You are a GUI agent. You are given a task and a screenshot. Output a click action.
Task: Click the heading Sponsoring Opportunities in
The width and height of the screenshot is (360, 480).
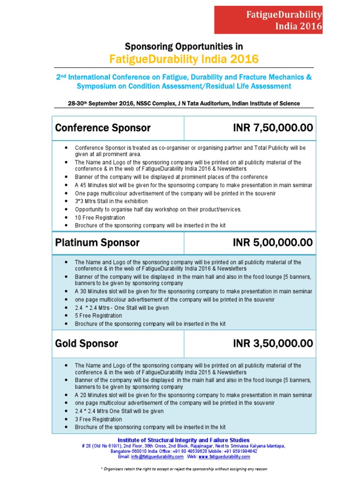coord(184,46)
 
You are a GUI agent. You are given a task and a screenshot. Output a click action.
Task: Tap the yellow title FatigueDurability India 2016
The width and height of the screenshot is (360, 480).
coord(184,59)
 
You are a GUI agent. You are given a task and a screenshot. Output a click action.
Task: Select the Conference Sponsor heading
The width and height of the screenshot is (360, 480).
coord(103,128)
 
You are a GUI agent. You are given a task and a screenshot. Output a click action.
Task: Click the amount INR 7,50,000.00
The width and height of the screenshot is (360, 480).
coord(273,128)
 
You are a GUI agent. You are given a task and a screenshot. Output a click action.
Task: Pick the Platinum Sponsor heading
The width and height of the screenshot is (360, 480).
coord(97,243)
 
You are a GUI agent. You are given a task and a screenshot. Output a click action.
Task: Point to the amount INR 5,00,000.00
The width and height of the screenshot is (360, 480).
coord(273,243)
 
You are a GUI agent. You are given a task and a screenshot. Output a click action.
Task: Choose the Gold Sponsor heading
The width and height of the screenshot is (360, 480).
coord(87,344)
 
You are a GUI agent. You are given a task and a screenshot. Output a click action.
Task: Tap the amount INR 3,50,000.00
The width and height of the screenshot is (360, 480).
coord(273,344)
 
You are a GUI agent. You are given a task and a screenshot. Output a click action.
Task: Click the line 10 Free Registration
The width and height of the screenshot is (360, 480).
coord(100,217)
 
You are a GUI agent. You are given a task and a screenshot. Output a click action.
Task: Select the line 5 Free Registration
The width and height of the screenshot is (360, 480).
coord(98,316)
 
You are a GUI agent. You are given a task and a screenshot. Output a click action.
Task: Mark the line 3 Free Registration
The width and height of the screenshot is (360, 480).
coord(98,419)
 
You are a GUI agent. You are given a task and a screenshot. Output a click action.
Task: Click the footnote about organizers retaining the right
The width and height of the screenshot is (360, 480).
coord(184,469)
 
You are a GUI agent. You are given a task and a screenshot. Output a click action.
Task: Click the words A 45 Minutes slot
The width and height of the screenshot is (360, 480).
coord(96,185)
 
